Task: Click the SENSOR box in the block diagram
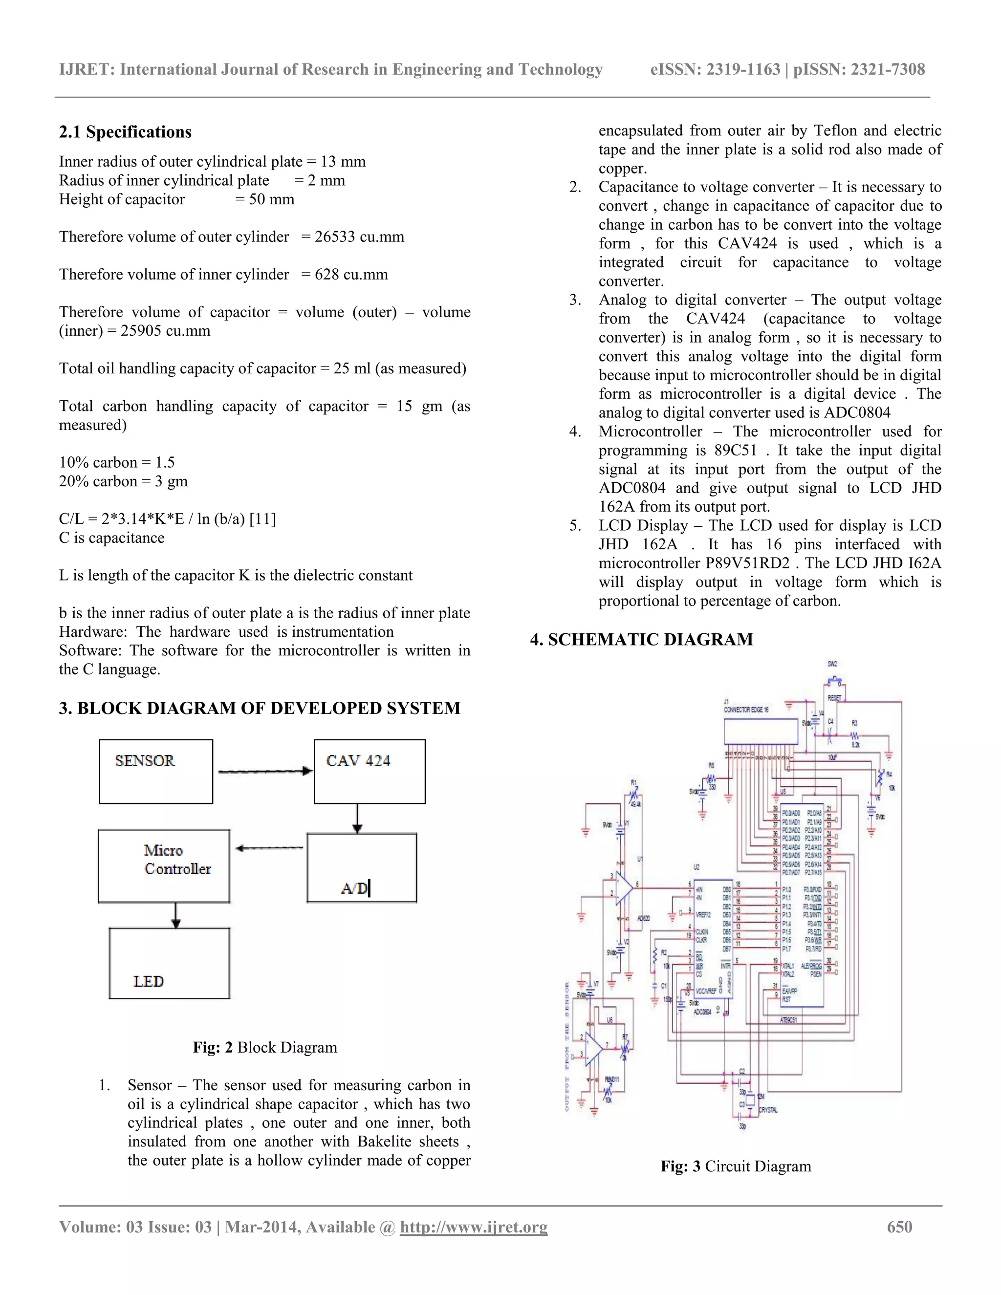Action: click(x=156, y=772)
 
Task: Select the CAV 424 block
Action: click(x=370, y=772)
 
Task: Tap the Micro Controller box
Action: click(x=164, y=866)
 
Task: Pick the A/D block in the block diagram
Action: click(x=362, y=867)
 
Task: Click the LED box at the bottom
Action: click(x=169, y=963)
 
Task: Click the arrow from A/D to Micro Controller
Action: click(x=269, y=848)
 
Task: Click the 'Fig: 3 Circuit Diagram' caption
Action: click(x=735, y=1166)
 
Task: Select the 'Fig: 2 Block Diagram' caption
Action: click(x=264, y=1048)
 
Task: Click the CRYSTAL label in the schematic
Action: click(x=768, y=1110)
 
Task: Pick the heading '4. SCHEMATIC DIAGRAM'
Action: click(x=642, y=640)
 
